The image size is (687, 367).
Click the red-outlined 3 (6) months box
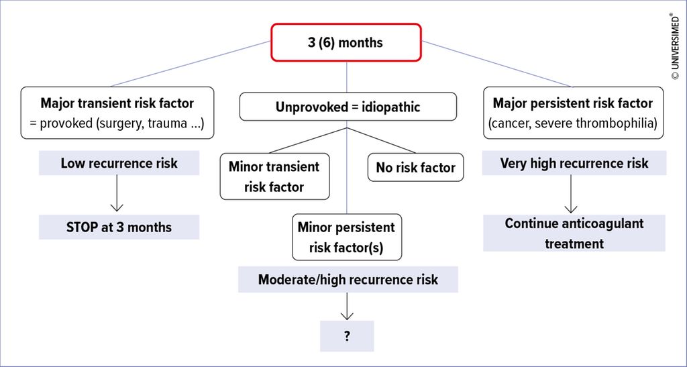pos(346,42)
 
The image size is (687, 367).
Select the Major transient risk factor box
pos(117,113)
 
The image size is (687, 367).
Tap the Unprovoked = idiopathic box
pos(348,107)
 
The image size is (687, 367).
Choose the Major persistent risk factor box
pos(572,113)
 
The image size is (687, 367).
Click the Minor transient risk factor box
pos(274,176)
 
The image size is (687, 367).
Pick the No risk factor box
pos(415,168)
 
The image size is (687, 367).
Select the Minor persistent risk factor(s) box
pos(346,237)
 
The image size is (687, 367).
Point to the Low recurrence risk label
pos(119,163)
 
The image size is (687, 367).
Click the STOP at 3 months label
pos(119,227)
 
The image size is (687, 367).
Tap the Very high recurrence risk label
pos(574,163)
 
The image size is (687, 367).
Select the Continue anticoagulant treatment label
pos(574,233)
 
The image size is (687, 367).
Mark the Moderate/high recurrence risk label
pos(348,279)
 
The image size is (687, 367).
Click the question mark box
pos(347,336)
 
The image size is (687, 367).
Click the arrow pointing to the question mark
pos(347,307)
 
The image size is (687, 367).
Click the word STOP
pos(83,227)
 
